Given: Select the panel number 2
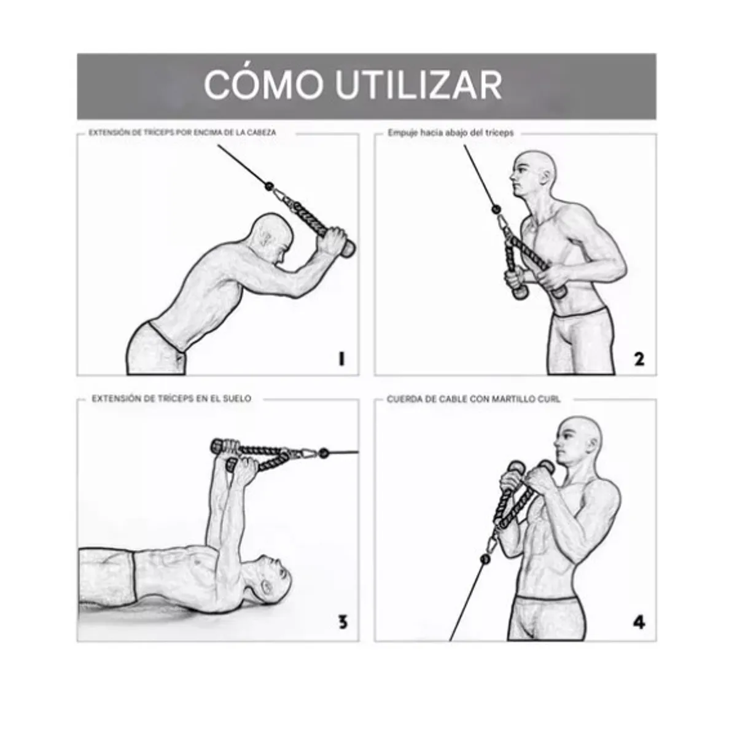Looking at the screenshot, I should tap(639, 359).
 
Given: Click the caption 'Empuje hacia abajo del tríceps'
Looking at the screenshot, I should tap(450, 133).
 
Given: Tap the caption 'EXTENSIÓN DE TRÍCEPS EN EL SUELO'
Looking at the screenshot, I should tap(171, 399).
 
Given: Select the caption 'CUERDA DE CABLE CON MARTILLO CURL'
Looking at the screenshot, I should tap(474, 399).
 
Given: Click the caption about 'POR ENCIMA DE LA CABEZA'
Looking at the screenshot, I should tap(182, 133).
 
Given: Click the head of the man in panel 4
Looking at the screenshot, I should tap(577, 439).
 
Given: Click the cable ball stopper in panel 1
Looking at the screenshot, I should tap(268, 185).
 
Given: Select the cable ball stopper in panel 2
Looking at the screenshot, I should tap(495, 209).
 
